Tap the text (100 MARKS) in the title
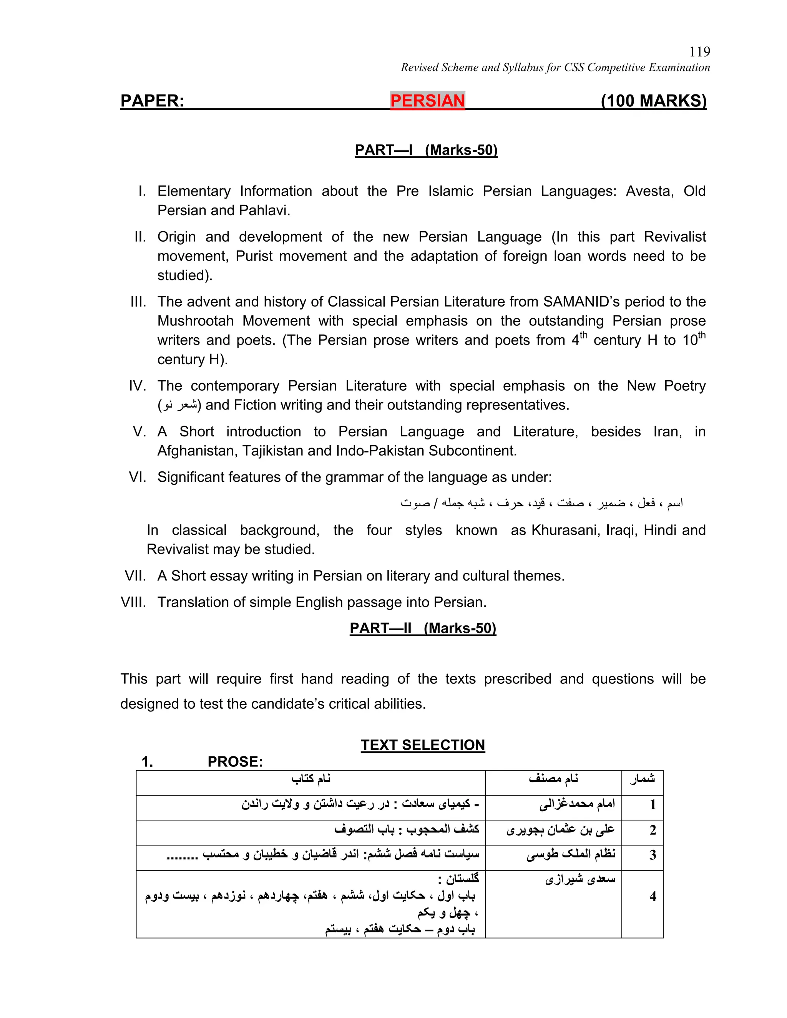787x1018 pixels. tap(653, 101)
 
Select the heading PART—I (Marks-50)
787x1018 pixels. tap(426, 150)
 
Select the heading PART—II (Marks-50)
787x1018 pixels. tap(422, 628)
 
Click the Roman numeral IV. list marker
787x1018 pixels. tap(138, 386)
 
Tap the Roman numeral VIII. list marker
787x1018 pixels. tap(133, 602)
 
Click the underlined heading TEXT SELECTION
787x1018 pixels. tap(422, 745)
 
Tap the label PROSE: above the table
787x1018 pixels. tap(235, 762)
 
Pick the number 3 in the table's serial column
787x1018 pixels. tap(653, 855)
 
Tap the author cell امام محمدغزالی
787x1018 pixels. tap(577, 804)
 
